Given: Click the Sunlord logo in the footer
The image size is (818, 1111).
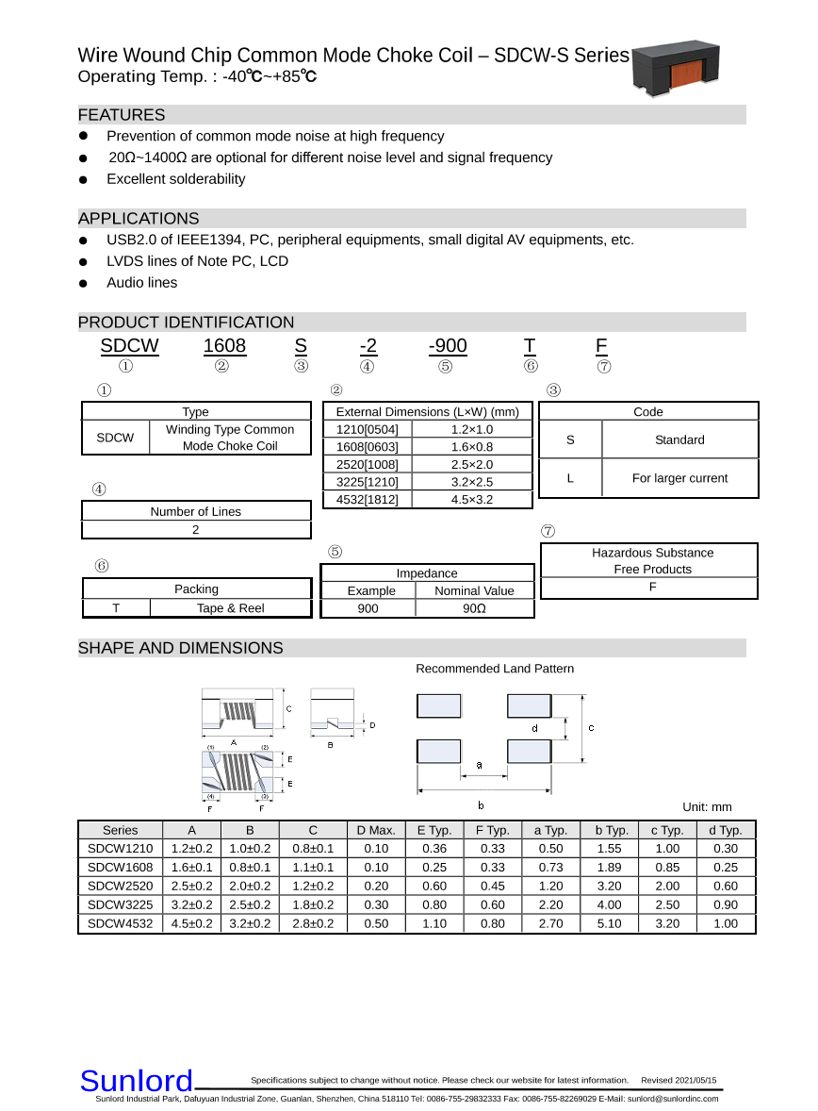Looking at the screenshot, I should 136,1081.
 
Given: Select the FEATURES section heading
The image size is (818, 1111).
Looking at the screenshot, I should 122,115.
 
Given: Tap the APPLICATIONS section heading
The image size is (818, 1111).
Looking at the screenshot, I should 139,219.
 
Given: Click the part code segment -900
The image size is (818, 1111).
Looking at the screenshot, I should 447,346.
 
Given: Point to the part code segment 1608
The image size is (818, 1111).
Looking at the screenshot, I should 224,346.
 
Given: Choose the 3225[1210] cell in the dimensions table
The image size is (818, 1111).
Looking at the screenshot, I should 368,482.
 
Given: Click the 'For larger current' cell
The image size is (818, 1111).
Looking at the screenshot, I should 679,478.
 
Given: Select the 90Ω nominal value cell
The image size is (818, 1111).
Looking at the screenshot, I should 474,608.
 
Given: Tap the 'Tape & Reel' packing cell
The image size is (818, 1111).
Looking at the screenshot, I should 230,608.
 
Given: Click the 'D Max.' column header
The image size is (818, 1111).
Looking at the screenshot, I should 376,830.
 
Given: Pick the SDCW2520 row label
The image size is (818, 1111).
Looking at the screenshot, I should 120,887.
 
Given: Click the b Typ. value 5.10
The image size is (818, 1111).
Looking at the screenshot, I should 610,923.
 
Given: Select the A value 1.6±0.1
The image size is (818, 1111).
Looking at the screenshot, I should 191,868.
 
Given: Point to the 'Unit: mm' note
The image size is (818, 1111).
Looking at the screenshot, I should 707,806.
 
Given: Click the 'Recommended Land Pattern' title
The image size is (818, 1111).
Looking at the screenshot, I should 495,669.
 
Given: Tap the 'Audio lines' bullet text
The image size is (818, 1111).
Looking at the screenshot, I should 141,283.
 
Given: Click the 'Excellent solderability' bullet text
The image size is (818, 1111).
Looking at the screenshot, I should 175,179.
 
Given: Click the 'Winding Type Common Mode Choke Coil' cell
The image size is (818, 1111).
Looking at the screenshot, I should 230,438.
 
